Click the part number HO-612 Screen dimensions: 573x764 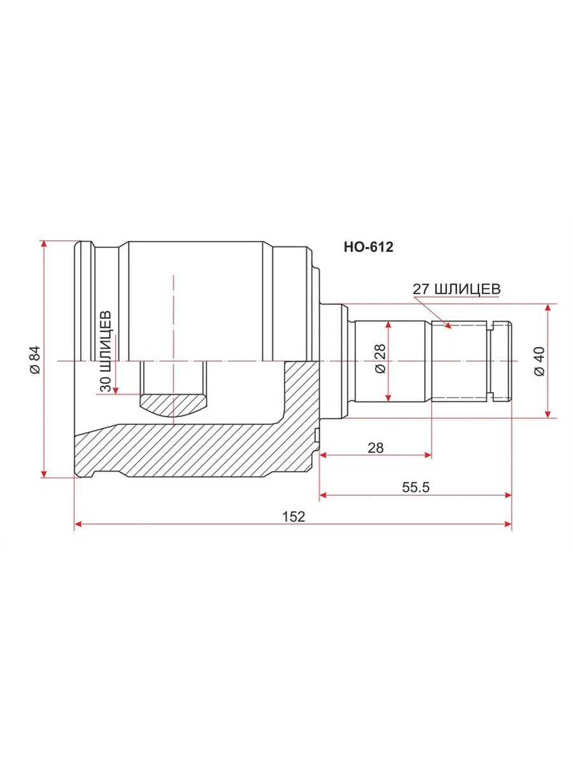click(369, 247)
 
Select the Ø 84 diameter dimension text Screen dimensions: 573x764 click(35, 360)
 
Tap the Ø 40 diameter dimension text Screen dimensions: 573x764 click(539, 362)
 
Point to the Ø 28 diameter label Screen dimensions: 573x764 click(381, 358)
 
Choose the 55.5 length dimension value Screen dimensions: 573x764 click(416, 487)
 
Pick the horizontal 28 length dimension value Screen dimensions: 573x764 click(376, 448)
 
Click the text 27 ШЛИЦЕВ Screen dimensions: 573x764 click(456, 289)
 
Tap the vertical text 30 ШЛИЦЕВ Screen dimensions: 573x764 click(106, 351)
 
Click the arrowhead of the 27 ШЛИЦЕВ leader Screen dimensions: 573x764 click(448, 325)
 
